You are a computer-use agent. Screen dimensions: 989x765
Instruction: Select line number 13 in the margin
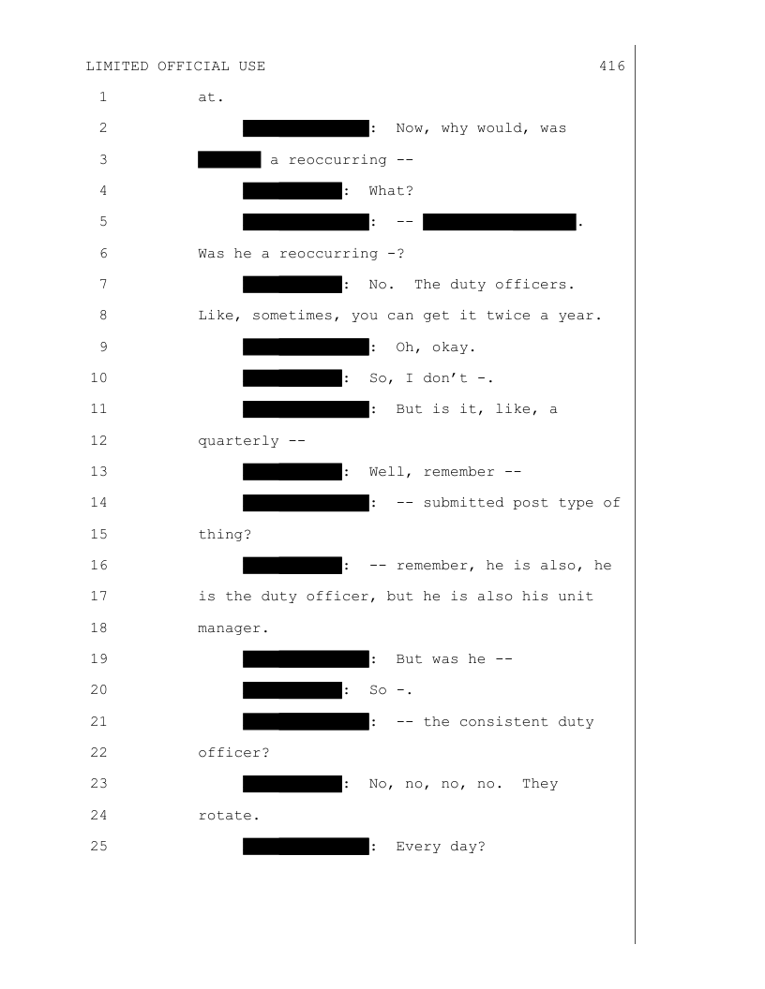tap(99, 471)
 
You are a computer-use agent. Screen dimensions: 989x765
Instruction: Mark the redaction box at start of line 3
tap(229, 159)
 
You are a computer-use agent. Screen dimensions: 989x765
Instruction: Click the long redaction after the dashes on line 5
tap(499, 222)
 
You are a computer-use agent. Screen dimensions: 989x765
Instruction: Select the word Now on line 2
tap(412, 128)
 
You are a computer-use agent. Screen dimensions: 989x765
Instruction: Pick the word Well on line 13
tap(387, 471)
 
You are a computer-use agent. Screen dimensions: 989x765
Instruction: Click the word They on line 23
tap(540, 785)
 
